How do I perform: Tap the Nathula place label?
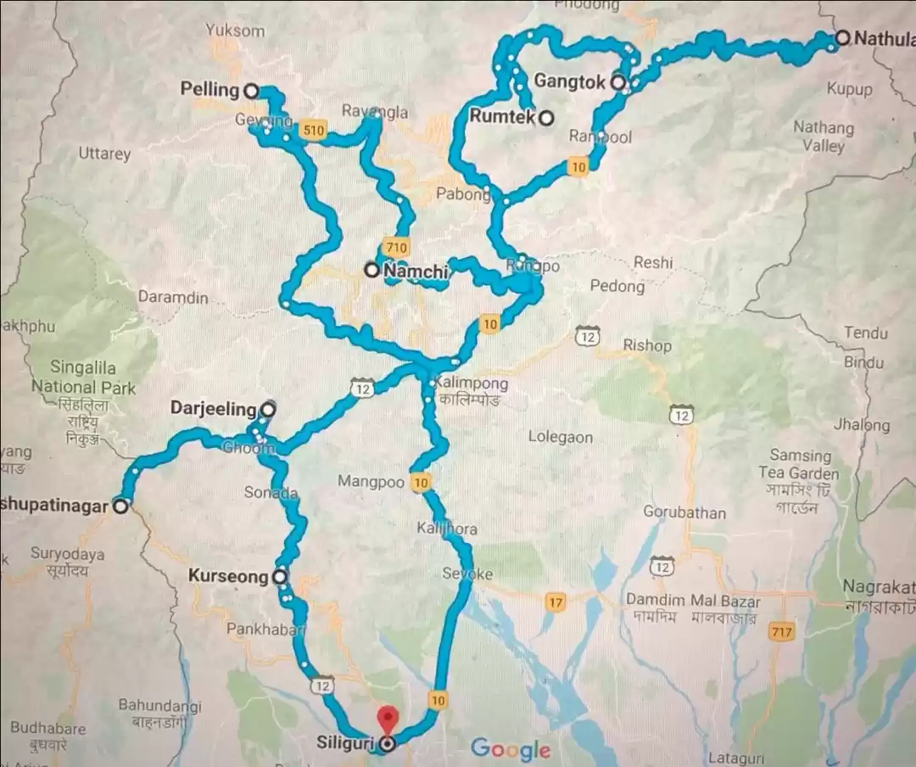point(884,38)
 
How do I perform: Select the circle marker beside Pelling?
point(251,90)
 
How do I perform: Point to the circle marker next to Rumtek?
point(547,118)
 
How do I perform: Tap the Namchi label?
point(415,271)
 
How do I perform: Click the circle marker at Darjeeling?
point(268,409)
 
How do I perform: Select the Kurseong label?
point(227,577)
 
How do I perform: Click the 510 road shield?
point(313,131)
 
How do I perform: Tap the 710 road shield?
point(396,248)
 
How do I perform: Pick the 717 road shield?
point(780,631)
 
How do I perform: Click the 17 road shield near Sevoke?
point(556,603)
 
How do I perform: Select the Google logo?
point(511,748)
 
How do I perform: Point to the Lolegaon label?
point(561,437)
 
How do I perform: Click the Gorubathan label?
point(684,512)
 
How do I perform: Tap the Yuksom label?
point(235,31)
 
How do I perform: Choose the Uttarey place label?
point(104,154)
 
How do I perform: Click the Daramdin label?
point(173,299)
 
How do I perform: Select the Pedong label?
point(617,286)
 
